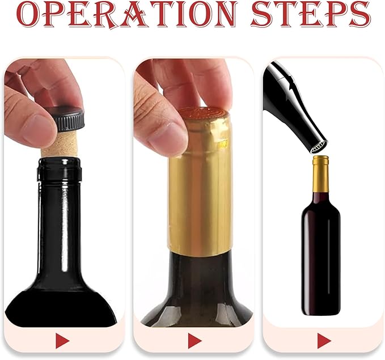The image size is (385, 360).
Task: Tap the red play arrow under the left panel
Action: pos(62,341)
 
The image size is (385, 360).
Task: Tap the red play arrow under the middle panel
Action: pos(194,341)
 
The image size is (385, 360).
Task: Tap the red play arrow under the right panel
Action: pos(324,341)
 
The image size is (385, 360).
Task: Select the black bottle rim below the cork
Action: pos(59,168)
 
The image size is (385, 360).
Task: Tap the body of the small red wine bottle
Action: pos(320,255)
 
